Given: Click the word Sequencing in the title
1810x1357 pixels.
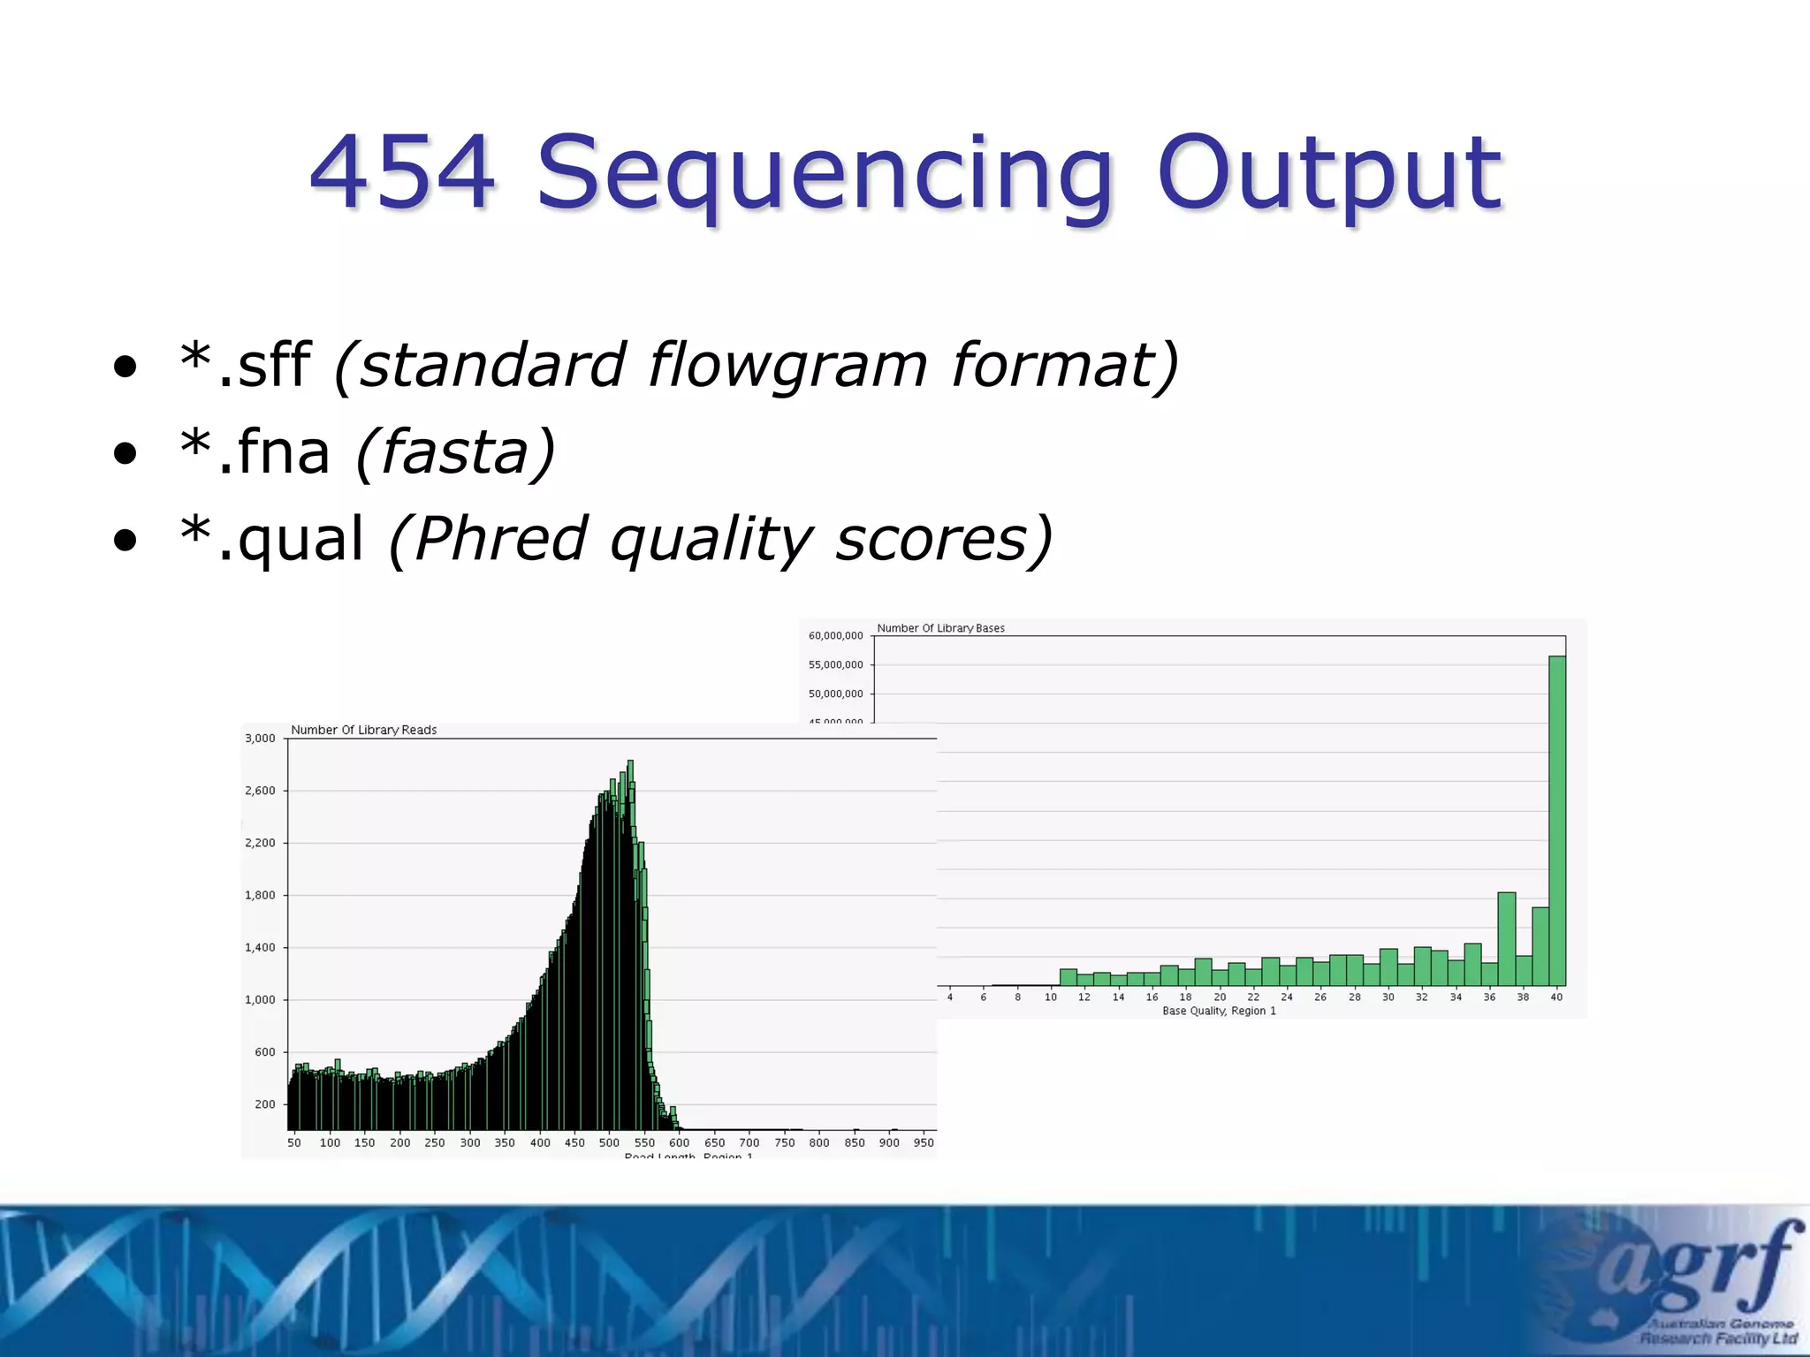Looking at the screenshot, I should coord(824,173).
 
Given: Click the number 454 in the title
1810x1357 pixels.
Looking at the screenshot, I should coord(402,173).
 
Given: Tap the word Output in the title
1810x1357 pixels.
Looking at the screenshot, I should coord(1328,173).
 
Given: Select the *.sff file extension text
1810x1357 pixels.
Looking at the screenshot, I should coord(245,364).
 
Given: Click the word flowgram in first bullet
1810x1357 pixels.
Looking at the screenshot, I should coord(788,364).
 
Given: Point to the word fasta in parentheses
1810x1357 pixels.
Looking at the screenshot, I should coord(455,452).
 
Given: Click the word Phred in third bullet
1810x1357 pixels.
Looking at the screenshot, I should coord(500,539).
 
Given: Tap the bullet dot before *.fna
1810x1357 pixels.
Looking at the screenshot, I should coord(125,454).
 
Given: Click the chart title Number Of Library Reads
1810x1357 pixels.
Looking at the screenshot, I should coord(363,730).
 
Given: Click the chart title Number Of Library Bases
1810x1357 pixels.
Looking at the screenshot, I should coord(940,628).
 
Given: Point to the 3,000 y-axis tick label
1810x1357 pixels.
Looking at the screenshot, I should coord(260,739).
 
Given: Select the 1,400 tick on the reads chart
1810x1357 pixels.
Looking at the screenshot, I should coord(260,947).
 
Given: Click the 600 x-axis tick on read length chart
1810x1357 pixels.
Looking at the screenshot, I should coord(679,1142).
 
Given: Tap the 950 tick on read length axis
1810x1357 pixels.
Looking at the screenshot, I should coord(924,1142).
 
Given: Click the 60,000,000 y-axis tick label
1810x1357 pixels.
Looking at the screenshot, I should coord(835,635).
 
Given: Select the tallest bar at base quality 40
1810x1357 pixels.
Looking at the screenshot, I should coord(1557,822).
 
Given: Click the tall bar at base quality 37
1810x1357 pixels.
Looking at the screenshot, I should coord(1507,938).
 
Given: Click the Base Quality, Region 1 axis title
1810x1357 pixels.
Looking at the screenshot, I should coord(1219,1011).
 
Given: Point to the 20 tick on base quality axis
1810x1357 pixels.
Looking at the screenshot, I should coord(1220,997).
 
